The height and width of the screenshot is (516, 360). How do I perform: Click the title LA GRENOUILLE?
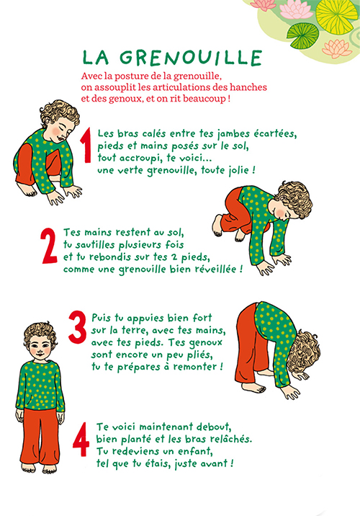tap(172, 58)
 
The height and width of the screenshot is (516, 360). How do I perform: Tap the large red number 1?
tap(86, 146)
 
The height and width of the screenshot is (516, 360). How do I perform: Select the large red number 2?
tap(49, 246)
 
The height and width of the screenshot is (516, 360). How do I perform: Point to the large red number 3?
tap(78, 327)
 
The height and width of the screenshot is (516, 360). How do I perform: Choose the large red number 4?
tap(81, 440)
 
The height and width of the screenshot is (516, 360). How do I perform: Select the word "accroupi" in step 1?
tap(140, 159)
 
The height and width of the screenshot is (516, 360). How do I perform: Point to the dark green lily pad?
tap(303, 35)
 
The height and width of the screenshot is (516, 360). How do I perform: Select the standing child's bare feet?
tap(39, 467)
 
